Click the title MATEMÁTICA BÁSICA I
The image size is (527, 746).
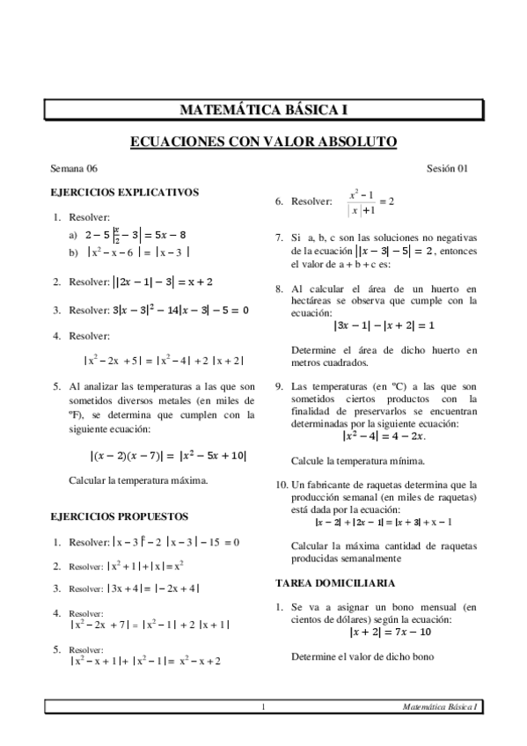(x=264, y=110)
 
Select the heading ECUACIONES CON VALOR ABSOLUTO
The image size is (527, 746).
(x=264, y=141)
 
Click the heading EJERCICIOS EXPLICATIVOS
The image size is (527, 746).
(x=125, y=191)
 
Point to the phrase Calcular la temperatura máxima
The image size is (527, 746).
(x=138, y=480)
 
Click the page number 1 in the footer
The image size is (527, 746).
(x=262, y=706)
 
